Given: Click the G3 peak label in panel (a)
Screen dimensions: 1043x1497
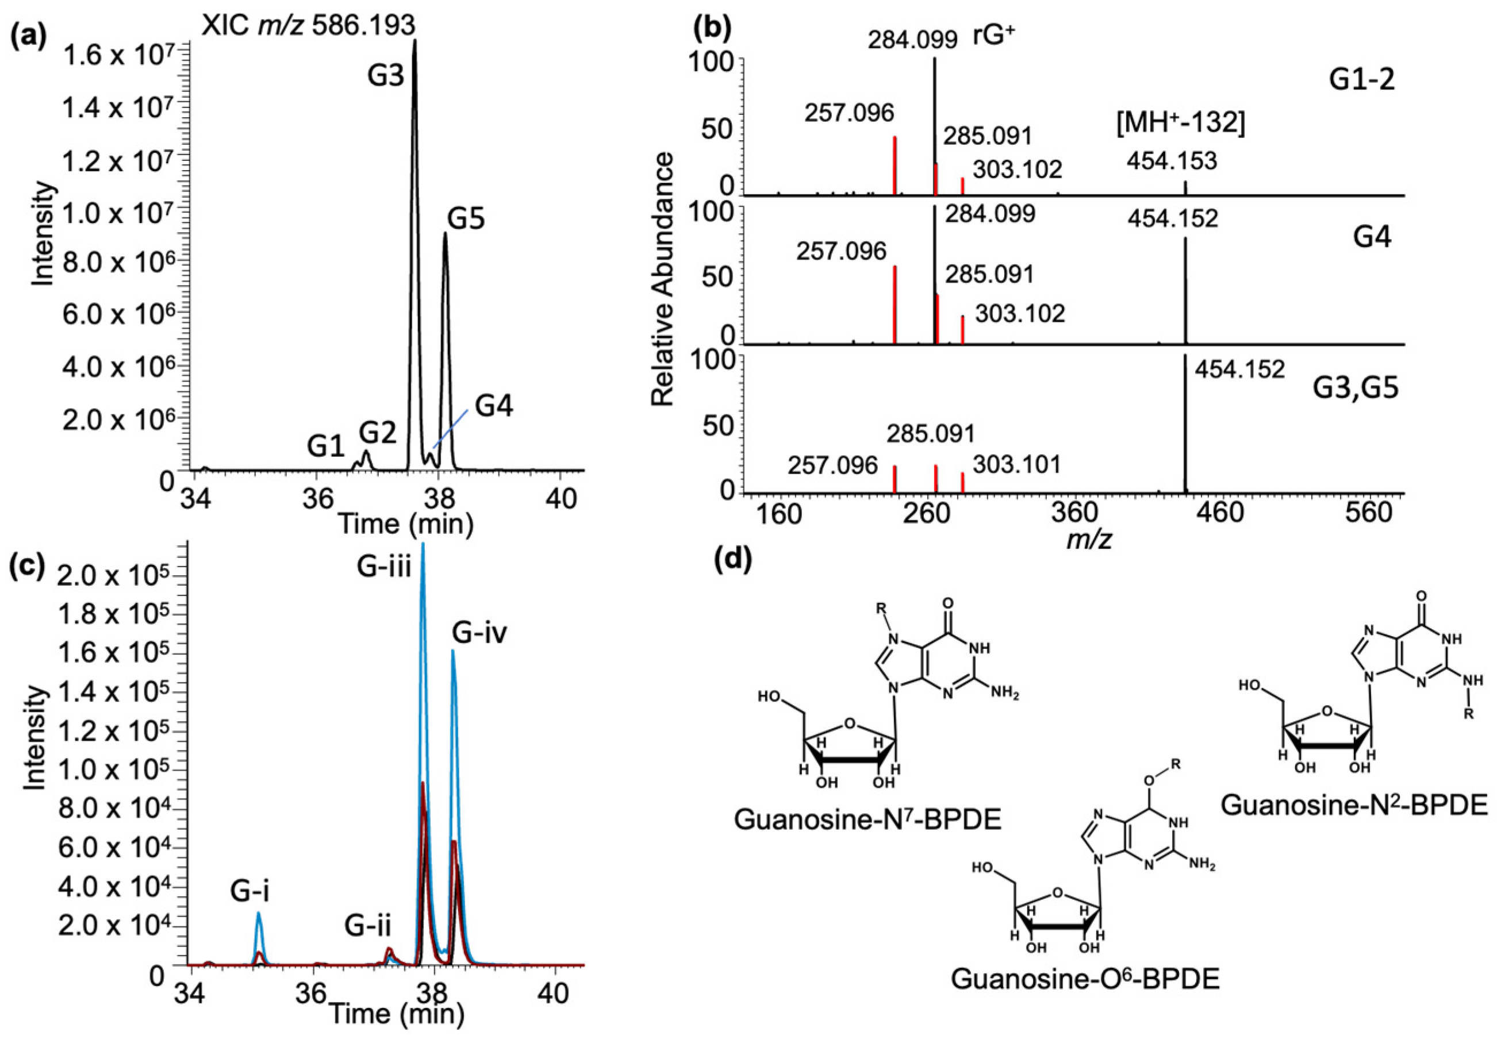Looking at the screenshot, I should (x=386, y=76).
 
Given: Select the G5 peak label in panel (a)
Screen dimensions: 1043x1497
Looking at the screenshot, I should (x=466, y=219).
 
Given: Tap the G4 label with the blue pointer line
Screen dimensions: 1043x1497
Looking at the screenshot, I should (x=494, y=406).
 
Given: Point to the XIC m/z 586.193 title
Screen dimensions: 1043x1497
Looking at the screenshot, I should (x=308, y=25).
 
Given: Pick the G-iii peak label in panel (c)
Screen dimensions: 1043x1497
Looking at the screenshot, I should (x=384, y=567).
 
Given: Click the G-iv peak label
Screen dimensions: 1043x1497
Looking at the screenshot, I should (x=479, y=632).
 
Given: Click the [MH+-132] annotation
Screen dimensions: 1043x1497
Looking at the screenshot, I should (x=1180, y=123).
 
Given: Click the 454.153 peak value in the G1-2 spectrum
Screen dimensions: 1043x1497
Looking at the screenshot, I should (x=1172, y=161).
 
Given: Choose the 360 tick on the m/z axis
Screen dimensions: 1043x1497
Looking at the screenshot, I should (x=1074, y=514).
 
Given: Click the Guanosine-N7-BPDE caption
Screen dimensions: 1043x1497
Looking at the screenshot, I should (x=867, y=819).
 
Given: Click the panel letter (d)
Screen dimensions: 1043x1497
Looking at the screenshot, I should (x=733, y=559).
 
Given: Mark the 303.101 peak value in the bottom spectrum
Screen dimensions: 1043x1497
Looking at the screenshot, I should (x=1017, y=465).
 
